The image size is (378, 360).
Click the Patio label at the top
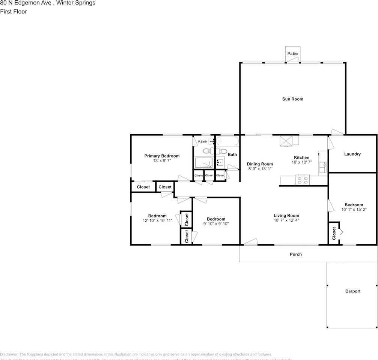point(292,54)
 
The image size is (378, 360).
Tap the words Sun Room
point(292,99)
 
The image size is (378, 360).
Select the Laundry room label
point(352,154)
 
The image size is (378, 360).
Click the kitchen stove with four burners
point(303,180)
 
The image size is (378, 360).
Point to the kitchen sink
point(322,167)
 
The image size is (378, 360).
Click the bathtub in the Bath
point(227,142)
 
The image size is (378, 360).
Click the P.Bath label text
point(202,141)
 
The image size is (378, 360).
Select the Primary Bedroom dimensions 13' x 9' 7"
point(162,161)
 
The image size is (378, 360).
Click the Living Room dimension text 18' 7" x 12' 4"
point(286,220)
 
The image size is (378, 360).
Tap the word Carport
point(352,291)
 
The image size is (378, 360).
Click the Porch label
point(296,254)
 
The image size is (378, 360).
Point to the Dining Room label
point(260,164)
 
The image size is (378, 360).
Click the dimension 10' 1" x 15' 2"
point(352,210)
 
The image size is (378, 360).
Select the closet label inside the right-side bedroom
point(334,233)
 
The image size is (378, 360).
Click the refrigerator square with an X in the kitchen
point(286,141)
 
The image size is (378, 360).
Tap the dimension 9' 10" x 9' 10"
point(216,224)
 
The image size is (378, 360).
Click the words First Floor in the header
point(14,12)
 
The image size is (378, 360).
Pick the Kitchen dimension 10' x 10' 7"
point(301,162)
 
